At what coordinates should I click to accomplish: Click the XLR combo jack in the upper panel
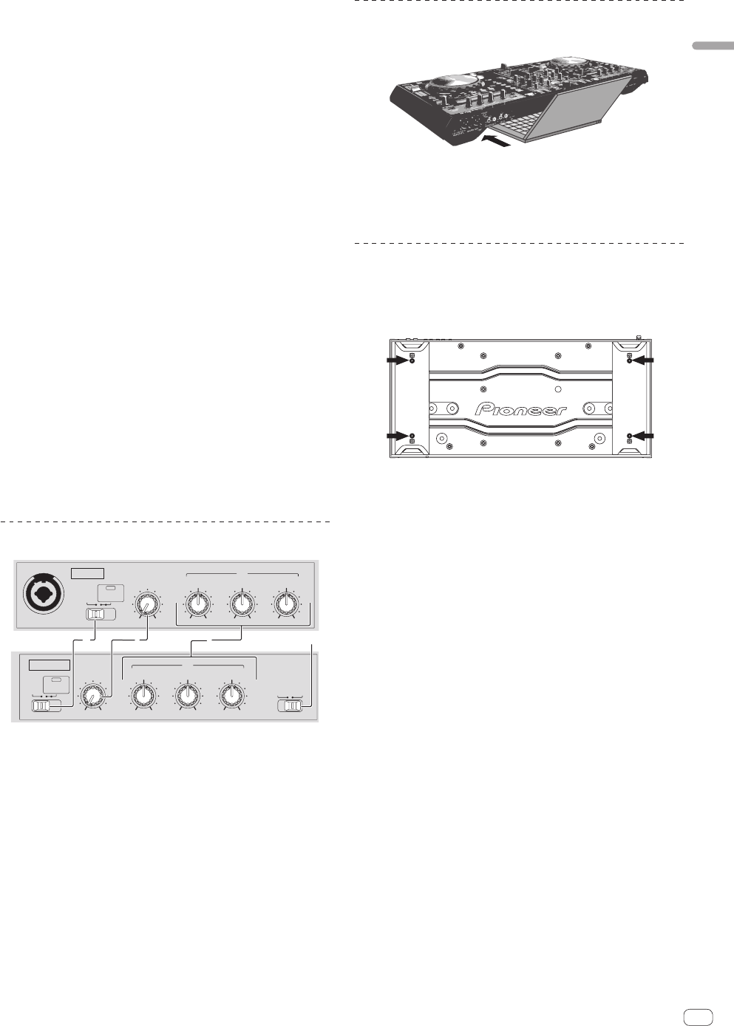(44, 594)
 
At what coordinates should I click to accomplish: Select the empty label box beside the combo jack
(87, 573)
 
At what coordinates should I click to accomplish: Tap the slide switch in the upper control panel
(101, 615)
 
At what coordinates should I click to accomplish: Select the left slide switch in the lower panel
(46, 706)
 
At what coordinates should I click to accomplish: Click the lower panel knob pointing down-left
(94, 697)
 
